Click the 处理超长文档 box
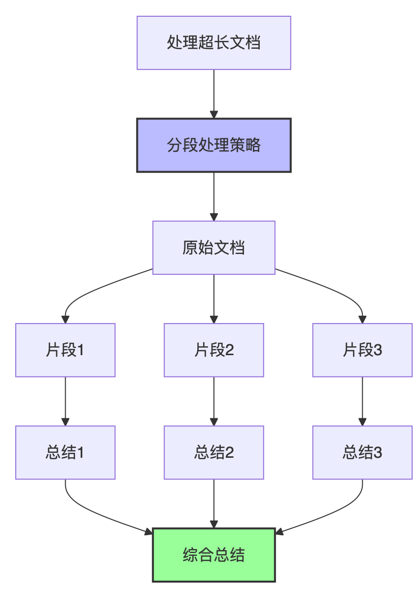pyautogui.click(x=213, y=43)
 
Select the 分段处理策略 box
pyautogui.click(x=213, y=146)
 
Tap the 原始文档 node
pyautogui.click(x=213, y=248)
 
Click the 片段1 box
pyautogui.click(x=65, y=350)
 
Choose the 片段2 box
pyautogui.click(x=213, y=350)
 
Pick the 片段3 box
pyautogui.click(x=362, y=350)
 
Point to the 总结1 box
pyautogui.click(x=65, y=453)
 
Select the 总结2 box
pyautogui.click(x=213, y=453)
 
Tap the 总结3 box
pyautogui.click(x=362, y=453)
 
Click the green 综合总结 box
pyautogui.click(x=213, y=555)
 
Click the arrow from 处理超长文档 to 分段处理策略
pyautogui.click(x=213, y=94)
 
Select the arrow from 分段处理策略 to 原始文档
pyautogui.click(x=213, y=196)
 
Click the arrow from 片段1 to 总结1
pyautogui.click(x=65, y=401)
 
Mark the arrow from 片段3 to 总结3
pyautogui.click(x=362, y=401)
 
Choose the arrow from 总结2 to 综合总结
pyautogui.click(x=213, y=503)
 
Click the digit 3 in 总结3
pyautogui.click(x=378, y=453)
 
